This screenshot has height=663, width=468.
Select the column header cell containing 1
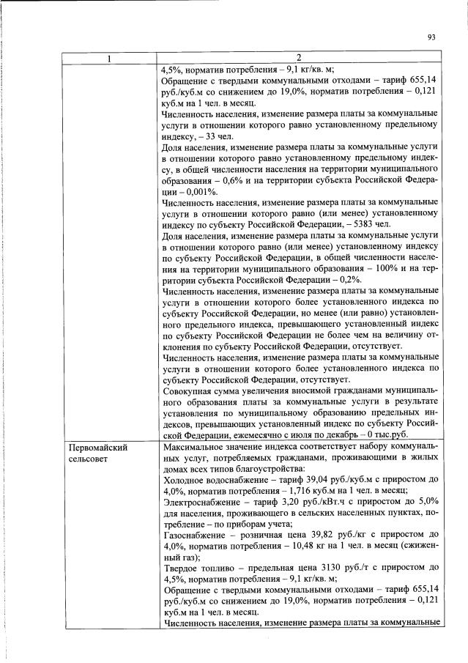(109, 59)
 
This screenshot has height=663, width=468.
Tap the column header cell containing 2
(299, 59)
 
